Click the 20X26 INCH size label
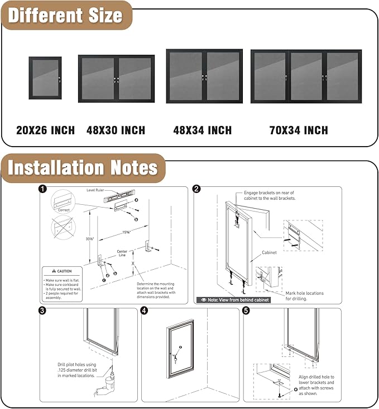(45, 130)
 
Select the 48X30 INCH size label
(116, 130)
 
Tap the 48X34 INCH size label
(203, 130)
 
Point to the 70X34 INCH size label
(299, 130)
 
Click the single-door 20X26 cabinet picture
(45, 78)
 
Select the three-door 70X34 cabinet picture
(306, 76)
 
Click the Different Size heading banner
(65, 15)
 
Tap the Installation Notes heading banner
(83, 167)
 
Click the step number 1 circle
(42, 189)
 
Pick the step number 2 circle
(196, 189)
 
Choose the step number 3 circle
(42, 311)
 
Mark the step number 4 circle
(145, 311)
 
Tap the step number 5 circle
(247, 311)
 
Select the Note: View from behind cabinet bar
(233, 300)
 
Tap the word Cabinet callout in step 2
(270, 252)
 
